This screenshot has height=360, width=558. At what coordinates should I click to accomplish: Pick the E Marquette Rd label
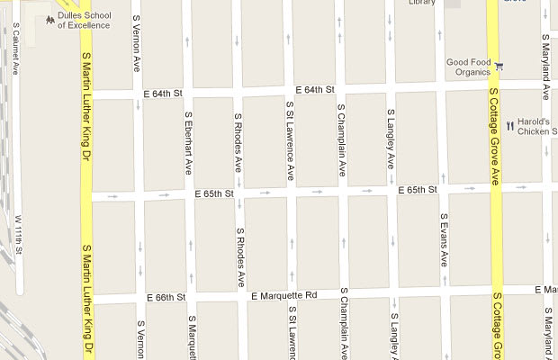click(x=284, y=295)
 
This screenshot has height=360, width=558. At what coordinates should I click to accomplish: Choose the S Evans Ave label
click(x=444, y=239)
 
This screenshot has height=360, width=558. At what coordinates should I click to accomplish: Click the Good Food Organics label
click(x=468, y=68)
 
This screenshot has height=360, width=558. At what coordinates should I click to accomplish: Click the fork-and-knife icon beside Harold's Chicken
click(x=508, y=126)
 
